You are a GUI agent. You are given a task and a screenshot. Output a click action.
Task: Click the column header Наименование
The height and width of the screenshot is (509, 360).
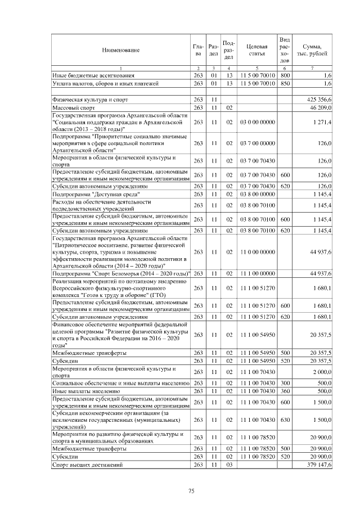[x=120, y=50]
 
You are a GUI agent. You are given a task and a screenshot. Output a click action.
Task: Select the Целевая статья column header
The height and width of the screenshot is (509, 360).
[x=256, y=50]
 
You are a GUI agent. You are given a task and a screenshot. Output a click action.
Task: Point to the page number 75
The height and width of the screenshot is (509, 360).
[x=191, y=491]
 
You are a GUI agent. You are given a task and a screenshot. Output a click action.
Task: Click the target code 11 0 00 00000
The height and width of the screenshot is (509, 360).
[x=256, y=252]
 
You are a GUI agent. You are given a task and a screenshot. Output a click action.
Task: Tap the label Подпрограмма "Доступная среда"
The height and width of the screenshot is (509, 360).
[x=96, y=194]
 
